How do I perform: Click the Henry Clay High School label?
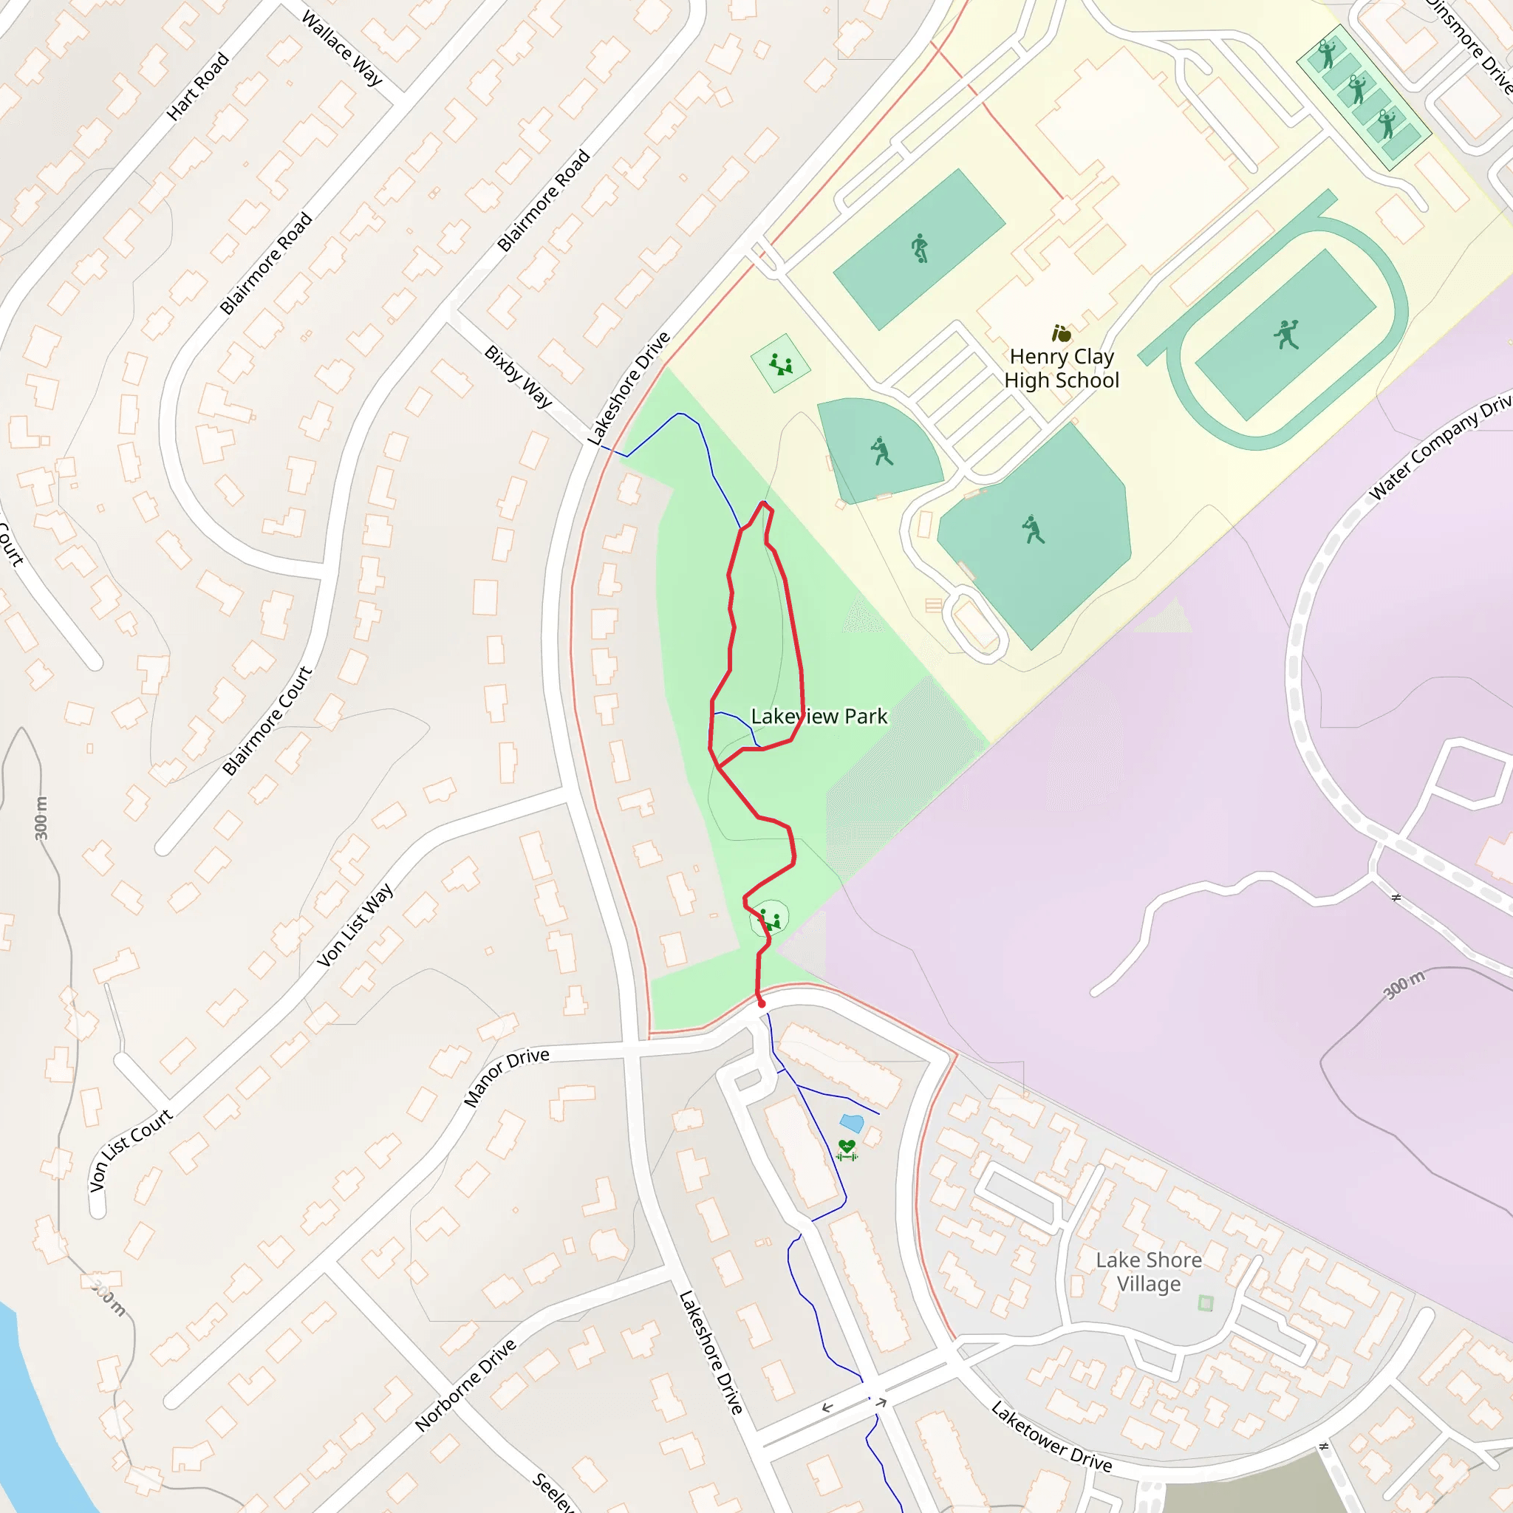coord(1061,368)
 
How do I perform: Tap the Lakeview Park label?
coord(819,717)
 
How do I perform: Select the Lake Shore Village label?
coord(1148,1272)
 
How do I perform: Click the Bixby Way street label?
coord(518,376)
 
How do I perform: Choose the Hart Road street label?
coord(198,86)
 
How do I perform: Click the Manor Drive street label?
coord(506,1077)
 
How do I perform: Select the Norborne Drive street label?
coord(466,1384)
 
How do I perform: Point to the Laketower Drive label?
coord(1051,1437)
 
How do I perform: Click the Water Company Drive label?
coord(1439,448)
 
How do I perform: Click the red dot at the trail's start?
coord(761,1003)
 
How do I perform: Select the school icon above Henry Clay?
coord(1061,335)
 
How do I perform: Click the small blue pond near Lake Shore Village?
coord(851,1123)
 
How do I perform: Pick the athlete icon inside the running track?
coord(1286,335)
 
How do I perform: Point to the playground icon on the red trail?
coord(771,919)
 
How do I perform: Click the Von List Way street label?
coord(355,926)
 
